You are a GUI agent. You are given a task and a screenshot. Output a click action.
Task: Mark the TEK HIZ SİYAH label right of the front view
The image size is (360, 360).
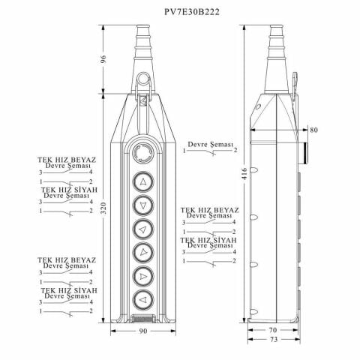click(207, 239)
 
